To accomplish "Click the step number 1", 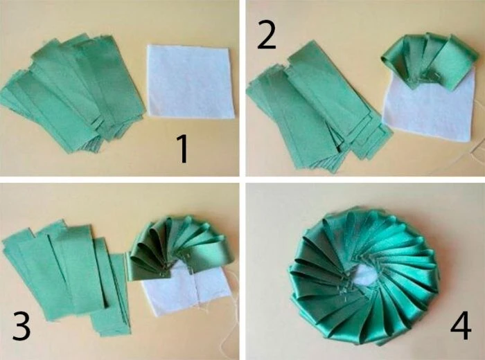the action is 183,150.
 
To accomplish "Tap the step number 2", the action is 266,35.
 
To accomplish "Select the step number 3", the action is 21,325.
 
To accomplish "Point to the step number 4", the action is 461,325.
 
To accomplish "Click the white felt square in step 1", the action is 190,82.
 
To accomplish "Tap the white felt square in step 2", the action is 430,108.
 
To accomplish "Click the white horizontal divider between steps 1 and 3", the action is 119,179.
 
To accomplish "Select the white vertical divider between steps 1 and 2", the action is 242,88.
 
